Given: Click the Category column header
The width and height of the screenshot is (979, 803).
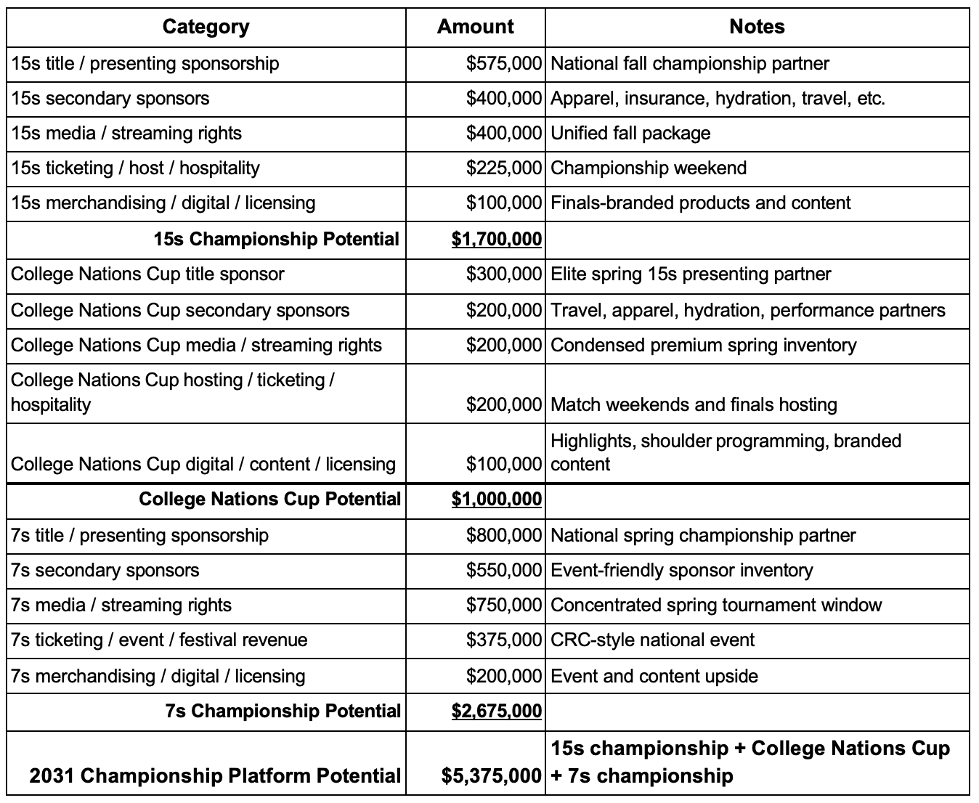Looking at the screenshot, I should (206, 28).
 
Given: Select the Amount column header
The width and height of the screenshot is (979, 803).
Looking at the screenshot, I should (475, 28).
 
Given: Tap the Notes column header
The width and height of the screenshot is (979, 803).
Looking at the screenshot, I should (757, 28).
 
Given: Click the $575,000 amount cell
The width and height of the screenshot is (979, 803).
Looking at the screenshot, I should (503, 64).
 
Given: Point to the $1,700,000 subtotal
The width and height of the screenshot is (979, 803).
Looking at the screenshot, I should (496, 239).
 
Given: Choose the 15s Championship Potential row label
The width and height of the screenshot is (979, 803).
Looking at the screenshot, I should (276, 239).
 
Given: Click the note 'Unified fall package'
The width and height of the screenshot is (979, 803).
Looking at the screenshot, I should (630, 134).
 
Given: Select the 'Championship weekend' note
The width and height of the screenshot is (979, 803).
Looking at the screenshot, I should (649, 168).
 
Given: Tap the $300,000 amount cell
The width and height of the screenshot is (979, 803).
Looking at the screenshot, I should (503, 274).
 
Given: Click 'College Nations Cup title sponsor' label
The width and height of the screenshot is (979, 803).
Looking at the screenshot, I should (147, 274).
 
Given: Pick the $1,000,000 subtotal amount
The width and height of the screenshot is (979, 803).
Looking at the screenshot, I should (496, 500).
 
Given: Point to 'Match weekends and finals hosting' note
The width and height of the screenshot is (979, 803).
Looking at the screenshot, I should (694, 405).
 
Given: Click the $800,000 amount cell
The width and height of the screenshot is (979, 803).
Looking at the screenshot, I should (503, 536).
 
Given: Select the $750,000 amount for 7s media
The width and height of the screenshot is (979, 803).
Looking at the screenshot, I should (503, 606).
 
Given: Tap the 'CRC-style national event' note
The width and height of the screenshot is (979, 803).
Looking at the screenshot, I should (652, 640).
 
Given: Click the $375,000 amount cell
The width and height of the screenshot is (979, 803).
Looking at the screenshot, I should (503, 640).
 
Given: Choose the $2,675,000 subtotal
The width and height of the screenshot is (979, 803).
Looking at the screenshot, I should (496, 711).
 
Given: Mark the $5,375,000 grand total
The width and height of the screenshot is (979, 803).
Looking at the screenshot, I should (492, 776).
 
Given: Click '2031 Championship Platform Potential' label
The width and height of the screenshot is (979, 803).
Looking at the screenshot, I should (215, 776).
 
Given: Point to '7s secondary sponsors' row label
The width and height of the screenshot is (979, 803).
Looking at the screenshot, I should (105, 571).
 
